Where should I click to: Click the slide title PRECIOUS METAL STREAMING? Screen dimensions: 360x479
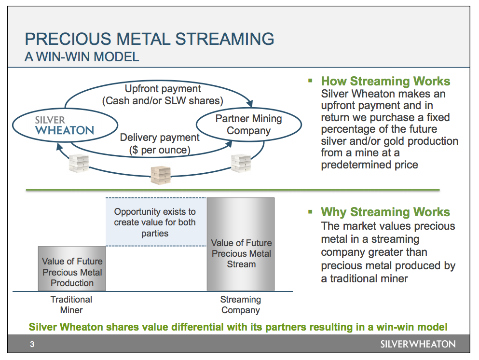149,39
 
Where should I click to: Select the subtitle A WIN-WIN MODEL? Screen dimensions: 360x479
82,57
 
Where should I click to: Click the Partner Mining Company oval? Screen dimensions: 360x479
248,125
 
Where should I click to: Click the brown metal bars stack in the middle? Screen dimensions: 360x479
161,175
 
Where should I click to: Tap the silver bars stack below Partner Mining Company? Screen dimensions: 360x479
241,163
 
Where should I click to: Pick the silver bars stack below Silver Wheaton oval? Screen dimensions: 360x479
79,164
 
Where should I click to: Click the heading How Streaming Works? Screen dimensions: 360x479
385,81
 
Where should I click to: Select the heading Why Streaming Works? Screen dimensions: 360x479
385,212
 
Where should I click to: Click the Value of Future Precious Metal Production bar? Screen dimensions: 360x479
72,269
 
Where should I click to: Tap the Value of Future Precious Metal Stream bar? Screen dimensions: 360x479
241,244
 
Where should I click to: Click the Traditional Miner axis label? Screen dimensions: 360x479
71,305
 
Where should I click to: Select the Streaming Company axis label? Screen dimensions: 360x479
241,305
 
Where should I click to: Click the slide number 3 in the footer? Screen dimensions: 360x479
32,345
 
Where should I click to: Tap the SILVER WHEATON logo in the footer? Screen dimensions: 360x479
417,344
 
